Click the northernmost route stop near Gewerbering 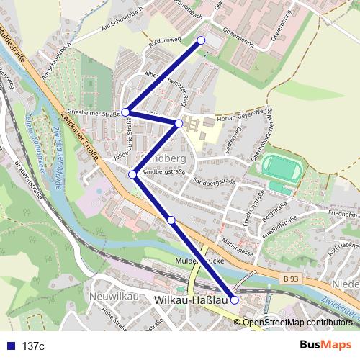tap(201, 40)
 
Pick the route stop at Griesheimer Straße tap(125, 112)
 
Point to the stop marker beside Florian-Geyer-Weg tap(179, 123)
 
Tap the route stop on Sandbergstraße tap(132, 174)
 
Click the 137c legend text tap(33, 346)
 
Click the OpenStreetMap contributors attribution tap(297, 322)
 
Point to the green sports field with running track tap(281, 169)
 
